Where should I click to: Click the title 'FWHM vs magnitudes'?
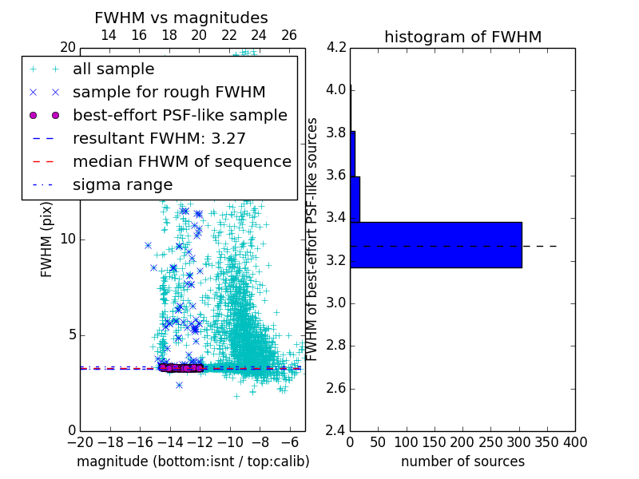(181, 18)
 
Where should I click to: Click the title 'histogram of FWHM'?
(462, 37)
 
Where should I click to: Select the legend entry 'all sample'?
(113, 69)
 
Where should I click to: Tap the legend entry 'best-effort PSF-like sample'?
(180, 115)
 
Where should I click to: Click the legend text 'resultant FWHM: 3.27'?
(159, 138)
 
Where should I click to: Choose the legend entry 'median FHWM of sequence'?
(181, 161)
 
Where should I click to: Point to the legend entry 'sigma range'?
(122, 184)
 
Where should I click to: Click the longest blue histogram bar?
(435, 244)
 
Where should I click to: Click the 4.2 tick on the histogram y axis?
(337, 47)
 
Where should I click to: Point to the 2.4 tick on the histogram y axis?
(337, 431)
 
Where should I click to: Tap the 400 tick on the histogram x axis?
(575, 442)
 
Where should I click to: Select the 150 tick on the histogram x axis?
(435, 442)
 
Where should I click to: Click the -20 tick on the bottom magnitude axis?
(80, 442)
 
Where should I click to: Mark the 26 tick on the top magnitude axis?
(289, 35)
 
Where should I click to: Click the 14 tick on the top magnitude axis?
(109, 35)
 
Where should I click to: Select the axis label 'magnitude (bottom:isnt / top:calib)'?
(192, 461)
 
